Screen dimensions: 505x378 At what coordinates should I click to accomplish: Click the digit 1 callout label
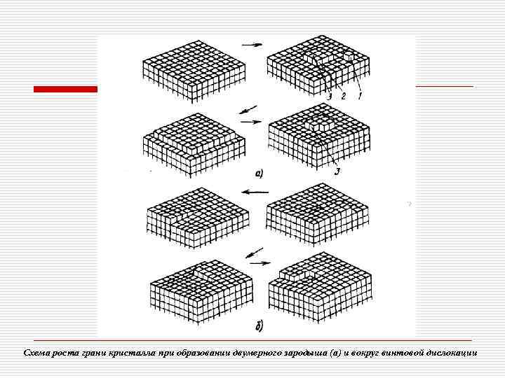(x=360, y=95)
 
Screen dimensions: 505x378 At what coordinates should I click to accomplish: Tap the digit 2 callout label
(x=343, y=96)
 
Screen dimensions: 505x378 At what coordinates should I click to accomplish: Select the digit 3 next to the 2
(x=329, y=96)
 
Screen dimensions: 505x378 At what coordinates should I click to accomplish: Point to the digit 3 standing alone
(x=337, y=171)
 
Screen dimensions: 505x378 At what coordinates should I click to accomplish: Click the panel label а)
(x=259, y=174)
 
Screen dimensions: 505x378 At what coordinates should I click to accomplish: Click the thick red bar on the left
(x=65, y=89)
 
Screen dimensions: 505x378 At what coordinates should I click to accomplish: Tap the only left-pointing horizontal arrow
(x=255, y=192)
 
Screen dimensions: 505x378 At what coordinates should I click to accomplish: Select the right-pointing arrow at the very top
(x=252, y=45)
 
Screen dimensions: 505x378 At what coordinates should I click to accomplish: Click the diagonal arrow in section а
(x=248, y=110)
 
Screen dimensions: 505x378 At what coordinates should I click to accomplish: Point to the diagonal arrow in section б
(x=255, y=253)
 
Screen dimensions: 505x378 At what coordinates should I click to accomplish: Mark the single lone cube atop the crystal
(x=349, y=55)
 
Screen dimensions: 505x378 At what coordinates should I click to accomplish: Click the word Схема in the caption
(x=37, y=353)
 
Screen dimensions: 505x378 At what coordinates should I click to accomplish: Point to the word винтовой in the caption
(x=400, y=353)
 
